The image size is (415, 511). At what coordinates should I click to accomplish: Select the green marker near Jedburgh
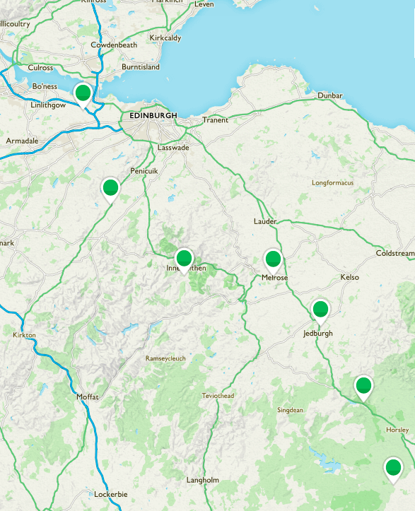pyautogui.click(x=320, y=310)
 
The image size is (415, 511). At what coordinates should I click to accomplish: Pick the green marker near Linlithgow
pyautogui.click(x=83, y=93)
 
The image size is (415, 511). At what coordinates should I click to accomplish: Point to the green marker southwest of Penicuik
pyautogui.click(x=110, y=188)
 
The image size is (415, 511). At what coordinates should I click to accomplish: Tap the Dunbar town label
pyautogui.click(x=330, y=95)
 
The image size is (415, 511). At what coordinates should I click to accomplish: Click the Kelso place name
pyautogui.click(x=349, y=277)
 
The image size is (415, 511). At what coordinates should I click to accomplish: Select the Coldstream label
pyautogui.click(x=395, y=253)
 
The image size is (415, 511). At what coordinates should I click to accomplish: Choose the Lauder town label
pyautogui.click(x=265, y=221)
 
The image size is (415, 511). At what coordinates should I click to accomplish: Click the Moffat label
pyautogui.click(x=88, y=397)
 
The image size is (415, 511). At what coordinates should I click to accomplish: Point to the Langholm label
pyautogui.click(x=203, y=480)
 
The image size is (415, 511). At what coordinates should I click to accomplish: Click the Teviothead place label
pyautogui.click(x=217, y=396)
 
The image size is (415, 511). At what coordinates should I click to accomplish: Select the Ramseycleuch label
pyautogui.click(x=165, y=358)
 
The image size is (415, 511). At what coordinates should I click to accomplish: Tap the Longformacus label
pyautogui.click(x=332, y=183)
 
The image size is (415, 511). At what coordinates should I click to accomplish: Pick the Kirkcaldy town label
pyautogui.click(x=166, y=37)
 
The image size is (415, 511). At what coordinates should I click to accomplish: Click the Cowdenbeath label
pyautogui.click(x=114, y=45)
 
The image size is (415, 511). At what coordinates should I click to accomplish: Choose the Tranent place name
pyautogui.click(x=216, y=120)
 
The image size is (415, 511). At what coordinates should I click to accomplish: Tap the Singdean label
pyautogui.click(x=290, y=410)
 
